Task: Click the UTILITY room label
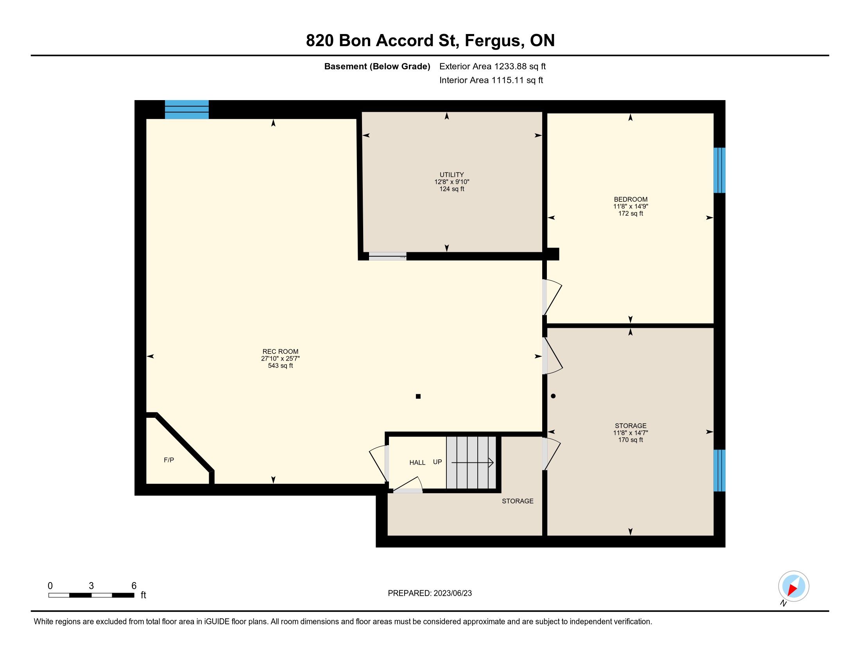(x=451, y=174)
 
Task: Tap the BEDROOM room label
(x=631, y=199)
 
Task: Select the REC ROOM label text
(x=280, y=351)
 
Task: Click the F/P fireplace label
(x=169, y=460)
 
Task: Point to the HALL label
(x=417, y=462)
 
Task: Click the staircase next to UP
(x=471, y=462)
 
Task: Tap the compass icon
(x=794, y=586)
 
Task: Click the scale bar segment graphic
(x=91, y=595)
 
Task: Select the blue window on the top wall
(x=186, y=110)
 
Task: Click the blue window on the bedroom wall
(x=719, y=170)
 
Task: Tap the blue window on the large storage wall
(x=719, y=470)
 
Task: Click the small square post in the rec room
(x=418, y=396)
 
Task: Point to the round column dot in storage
(x=553, y=396)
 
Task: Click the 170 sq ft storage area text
(x=631, y=440)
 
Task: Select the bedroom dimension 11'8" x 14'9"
(x=631, y=207)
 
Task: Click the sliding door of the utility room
(x=387, y=257)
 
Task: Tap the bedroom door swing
(x=552, y=297)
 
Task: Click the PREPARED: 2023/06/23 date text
(x=430, y=593)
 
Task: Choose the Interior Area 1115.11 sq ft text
(x=491, y=80)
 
